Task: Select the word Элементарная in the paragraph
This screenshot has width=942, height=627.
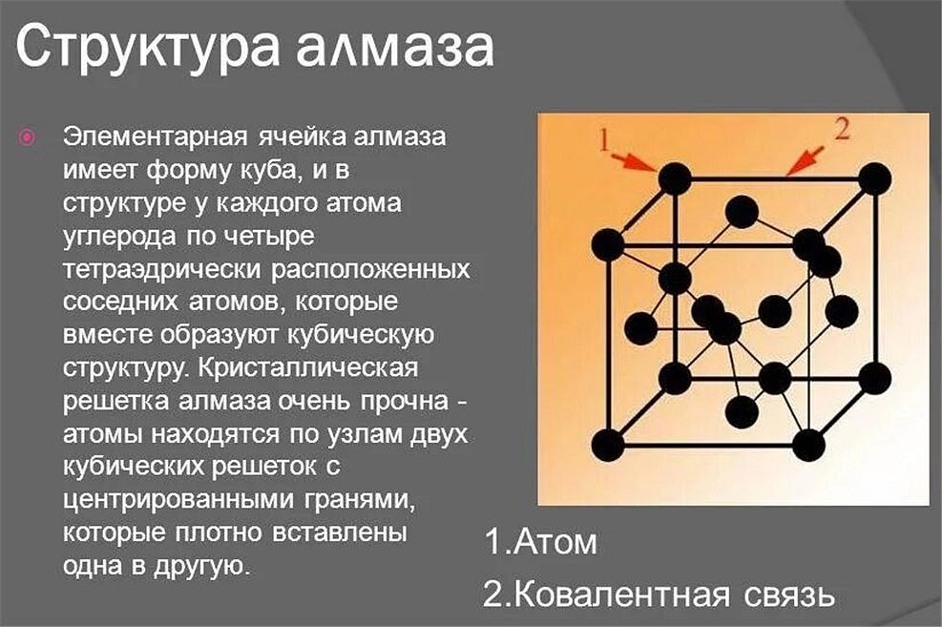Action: point(156,136)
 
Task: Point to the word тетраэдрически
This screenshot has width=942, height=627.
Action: point(162,270)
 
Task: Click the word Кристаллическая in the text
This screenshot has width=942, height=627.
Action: point(307,367)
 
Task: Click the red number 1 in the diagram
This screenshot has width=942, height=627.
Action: point(605,140)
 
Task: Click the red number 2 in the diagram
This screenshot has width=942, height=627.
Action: point(843,129)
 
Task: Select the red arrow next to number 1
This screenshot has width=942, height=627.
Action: point(636,160)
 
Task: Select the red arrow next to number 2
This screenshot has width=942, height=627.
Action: point(805,160)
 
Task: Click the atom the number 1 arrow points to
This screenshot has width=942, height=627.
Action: point(675,178)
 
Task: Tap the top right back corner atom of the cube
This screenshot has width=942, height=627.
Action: point(874,178)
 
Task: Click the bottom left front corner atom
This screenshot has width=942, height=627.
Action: point(609,446)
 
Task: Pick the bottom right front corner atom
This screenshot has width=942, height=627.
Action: point(808,446)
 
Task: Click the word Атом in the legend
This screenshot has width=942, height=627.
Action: point(555,542)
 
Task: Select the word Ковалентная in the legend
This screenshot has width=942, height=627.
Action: point(622,595)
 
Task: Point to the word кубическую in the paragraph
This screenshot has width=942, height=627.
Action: point(361,336)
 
